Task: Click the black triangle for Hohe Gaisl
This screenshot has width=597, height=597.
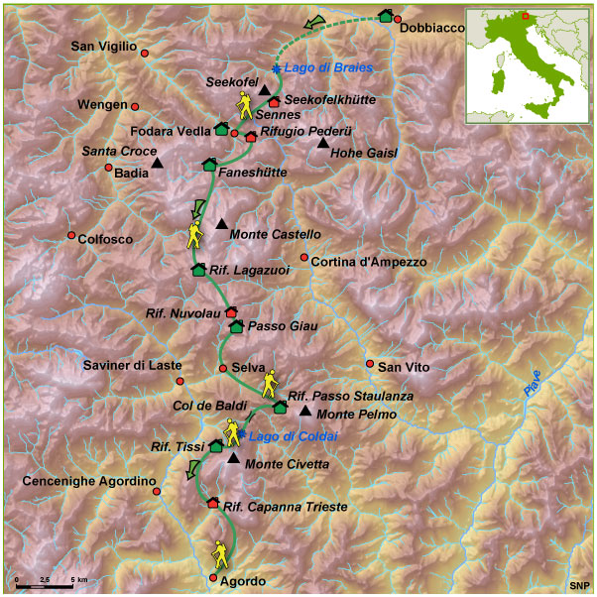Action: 322,144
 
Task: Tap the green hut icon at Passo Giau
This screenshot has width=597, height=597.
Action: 236,325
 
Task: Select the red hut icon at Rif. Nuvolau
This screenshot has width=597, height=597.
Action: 232,312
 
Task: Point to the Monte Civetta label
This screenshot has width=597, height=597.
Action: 283,464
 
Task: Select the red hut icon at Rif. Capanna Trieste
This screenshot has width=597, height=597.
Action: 212,503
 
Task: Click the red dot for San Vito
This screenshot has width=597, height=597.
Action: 369,364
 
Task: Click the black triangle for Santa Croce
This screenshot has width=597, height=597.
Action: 157,163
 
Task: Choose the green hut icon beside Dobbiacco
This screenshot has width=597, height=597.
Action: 385,16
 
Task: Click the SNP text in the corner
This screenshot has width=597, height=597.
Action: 577,586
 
